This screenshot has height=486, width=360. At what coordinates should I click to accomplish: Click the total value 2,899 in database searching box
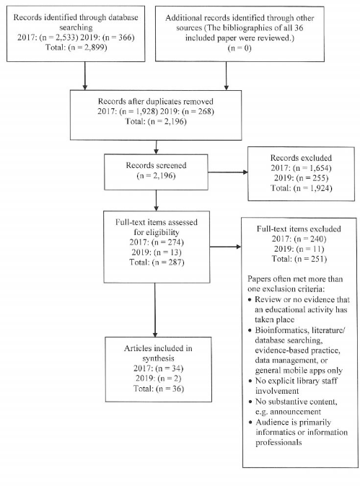(x=95, y=48)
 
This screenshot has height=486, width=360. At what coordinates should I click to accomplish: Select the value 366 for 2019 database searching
(x=126, y=37)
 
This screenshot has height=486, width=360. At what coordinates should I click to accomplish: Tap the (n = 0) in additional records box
(x=240, y=48)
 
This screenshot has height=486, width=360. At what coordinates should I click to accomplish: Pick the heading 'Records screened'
(x=156, y=165)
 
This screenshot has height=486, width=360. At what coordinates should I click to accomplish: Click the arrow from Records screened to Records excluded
(x=228, y=172)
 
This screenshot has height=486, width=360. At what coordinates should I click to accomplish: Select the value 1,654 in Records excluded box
(x=320, y=168)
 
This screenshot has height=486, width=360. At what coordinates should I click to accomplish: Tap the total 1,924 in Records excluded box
(x=320, y=188)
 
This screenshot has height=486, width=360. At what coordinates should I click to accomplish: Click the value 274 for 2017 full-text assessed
(x=175, y=242)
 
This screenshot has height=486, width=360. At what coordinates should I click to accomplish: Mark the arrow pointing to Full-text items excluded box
(x=225, y=247)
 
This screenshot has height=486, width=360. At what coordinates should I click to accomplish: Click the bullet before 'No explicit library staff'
(x=250, y=381)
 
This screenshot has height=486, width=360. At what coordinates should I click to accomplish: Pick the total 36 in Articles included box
(x=177, y=389)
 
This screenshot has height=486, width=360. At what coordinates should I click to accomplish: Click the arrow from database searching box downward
(x=84, y=76)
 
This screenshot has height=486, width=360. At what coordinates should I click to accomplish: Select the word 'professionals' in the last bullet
(x=278, y=442)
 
